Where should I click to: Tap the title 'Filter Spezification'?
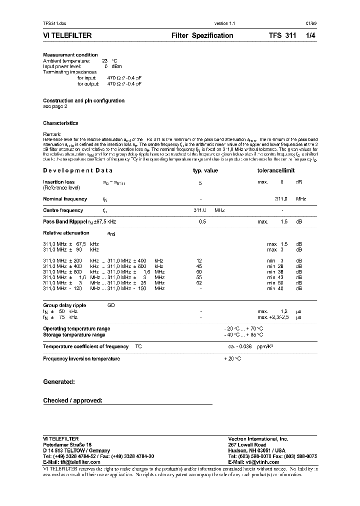[x=202, y=35]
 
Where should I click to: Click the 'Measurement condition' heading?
[x=70, y=55]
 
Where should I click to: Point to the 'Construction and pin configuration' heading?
[x=83, y=100]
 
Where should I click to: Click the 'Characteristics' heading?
[x=60, y=123]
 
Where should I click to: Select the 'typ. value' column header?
[x=205, y=170]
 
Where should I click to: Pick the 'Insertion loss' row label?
[x=59, y=182]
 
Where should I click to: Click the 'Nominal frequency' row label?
[x=65, y=199]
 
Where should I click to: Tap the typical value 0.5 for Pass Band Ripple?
[x=202, y=221]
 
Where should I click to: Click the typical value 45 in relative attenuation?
[x=199, y=266]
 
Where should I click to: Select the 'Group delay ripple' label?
[x=64, y=305]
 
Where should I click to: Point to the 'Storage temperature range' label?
[x=74, y=334]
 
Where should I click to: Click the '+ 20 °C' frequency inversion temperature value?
[x=232, y=358]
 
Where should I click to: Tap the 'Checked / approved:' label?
[x=72, y=400]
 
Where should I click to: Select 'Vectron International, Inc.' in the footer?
[x=258, y=438]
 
